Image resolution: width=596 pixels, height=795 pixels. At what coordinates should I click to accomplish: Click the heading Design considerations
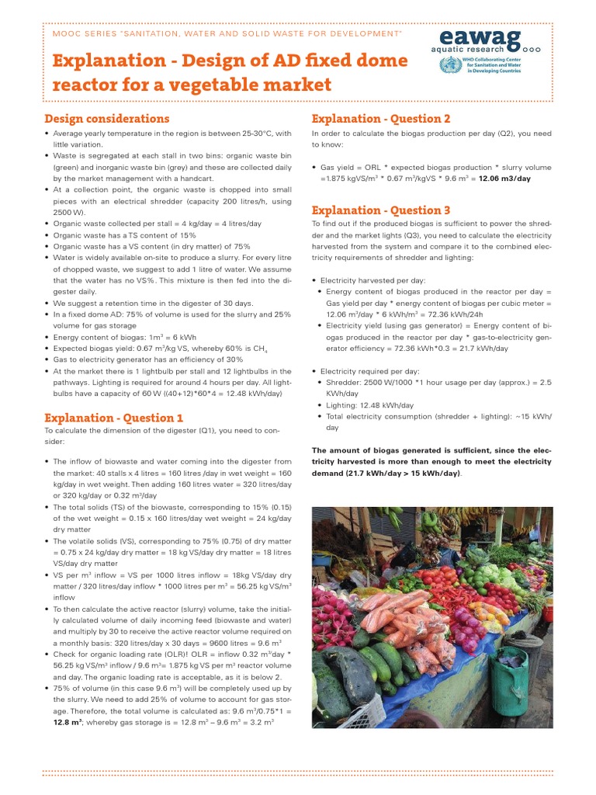coord(106,119)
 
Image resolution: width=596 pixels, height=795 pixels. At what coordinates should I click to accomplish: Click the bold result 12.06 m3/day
coord(504,179)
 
